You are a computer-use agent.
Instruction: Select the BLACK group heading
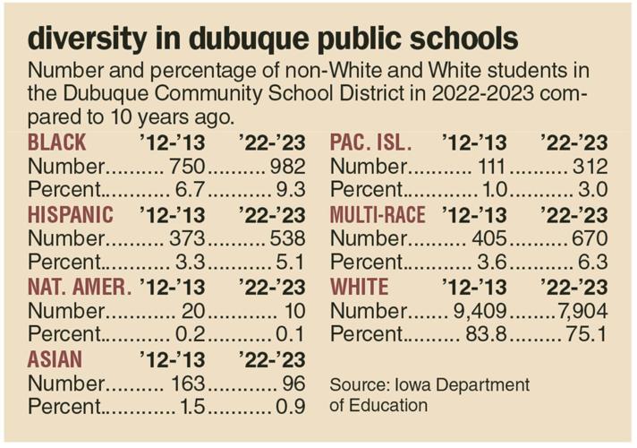click(57, 142)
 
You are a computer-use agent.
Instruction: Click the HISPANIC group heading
click(71, 215)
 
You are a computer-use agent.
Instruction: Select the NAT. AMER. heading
click(80, 288)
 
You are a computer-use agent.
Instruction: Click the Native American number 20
click(192, 312)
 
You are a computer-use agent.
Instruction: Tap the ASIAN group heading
click(55, 360)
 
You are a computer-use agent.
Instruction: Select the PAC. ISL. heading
click(371, 142)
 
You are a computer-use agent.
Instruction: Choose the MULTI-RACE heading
click(378, 215)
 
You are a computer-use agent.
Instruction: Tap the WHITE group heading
click(359, 288)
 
